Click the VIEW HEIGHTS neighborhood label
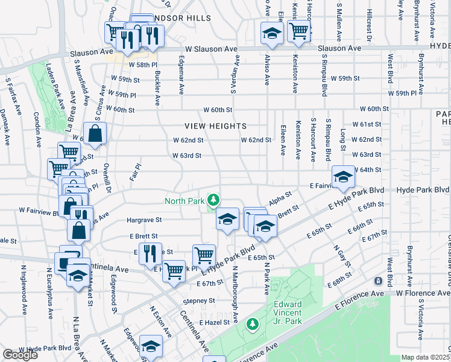tap(216, 126)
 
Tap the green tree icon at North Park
tap(212, 199)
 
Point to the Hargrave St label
tap(144, 220)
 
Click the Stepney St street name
tap(200, 300)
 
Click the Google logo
tap(20, 355)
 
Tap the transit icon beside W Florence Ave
tap(378, 281)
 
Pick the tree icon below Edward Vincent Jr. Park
tap(253, 325)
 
